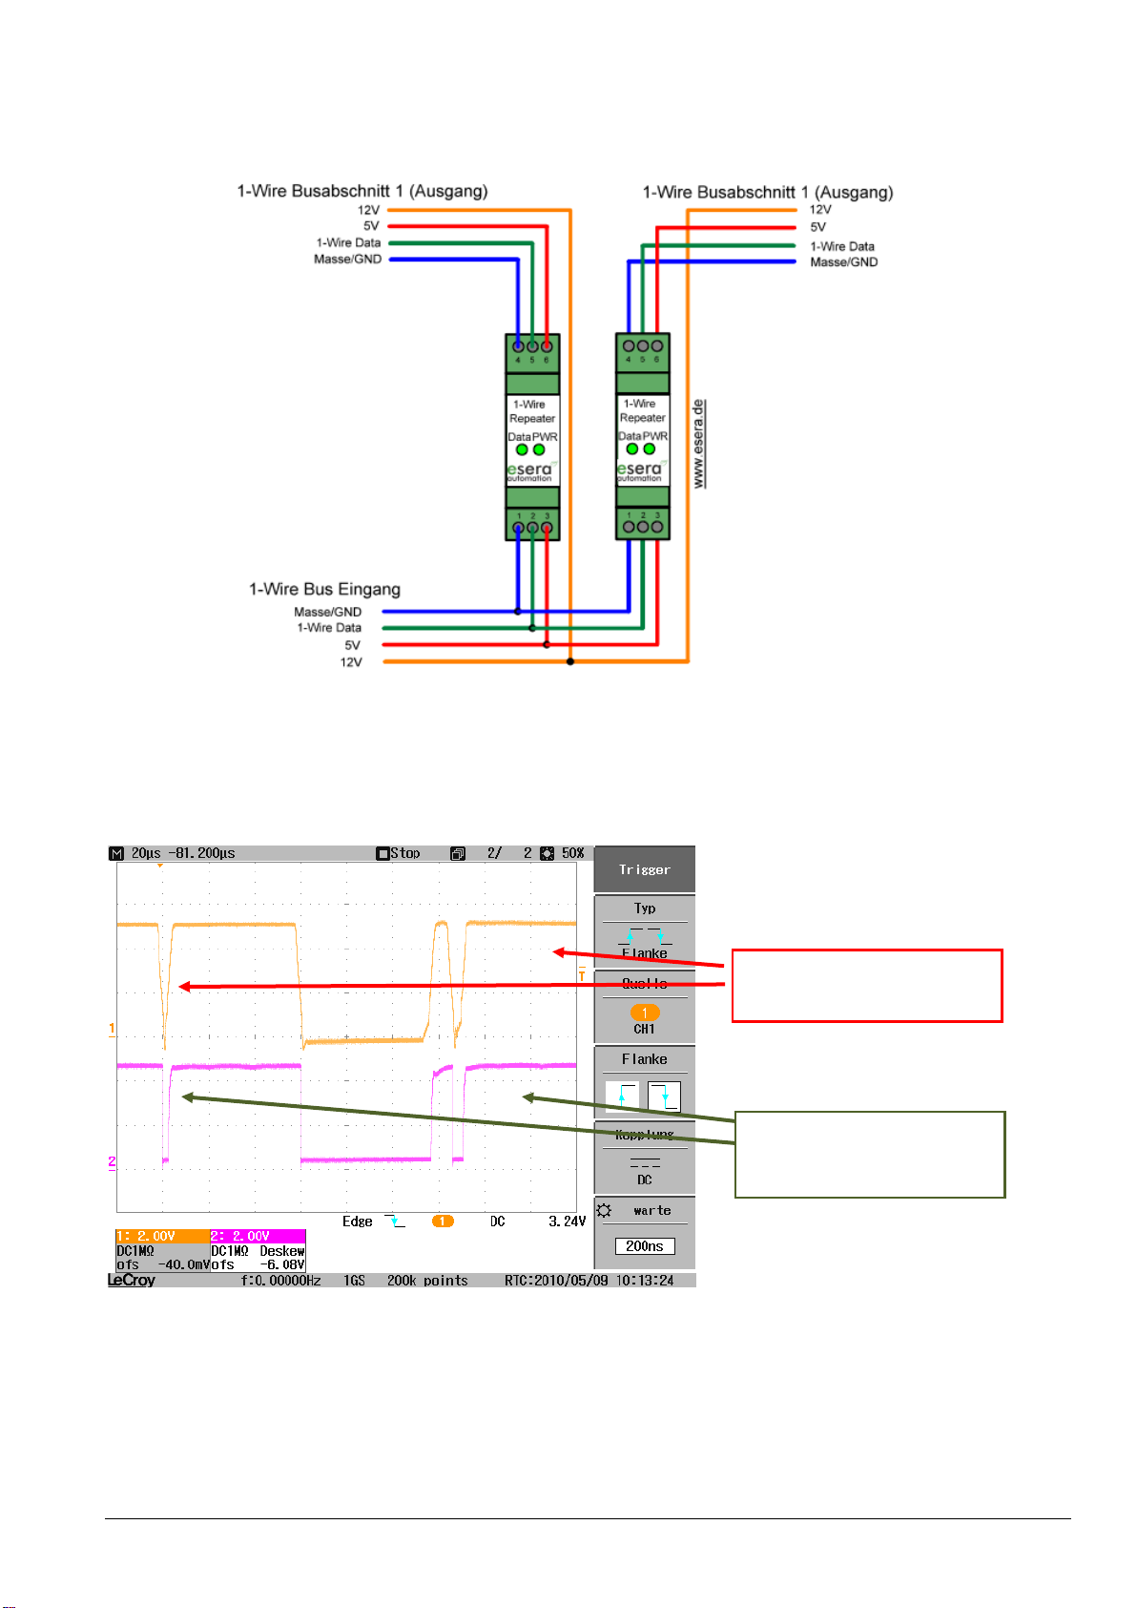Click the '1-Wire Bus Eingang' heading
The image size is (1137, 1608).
click(x=324, y=590)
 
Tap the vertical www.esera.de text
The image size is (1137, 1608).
click(x=699, y=444)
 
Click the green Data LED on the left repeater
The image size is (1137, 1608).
click(x=522, y=449)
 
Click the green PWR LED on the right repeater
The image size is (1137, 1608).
click(x=650, y=449)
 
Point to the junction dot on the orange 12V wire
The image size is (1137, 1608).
click(x=570, y=661)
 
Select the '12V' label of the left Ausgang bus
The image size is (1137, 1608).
click(x=368, y=210)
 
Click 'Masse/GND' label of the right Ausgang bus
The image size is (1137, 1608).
click(x=843, y=262)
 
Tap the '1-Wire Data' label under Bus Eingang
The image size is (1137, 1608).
click(x=329, y=628)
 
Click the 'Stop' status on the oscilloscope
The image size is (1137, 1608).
click(x=399, y=853)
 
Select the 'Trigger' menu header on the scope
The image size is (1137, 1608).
click(x=644, y=869)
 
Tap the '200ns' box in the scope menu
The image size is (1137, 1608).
click(x=645, y=1246)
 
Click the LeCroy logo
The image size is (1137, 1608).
click(x=132, y=1281)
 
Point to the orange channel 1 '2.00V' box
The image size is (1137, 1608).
click(x=161, y=1236)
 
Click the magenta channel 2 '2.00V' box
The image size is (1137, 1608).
click(x=257, y=1236)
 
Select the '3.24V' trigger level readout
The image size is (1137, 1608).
click(x=567, y=1222)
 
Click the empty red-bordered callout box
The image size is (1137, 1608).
click(x=866, y=986)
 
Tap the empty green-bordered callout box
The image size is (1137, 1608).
click(x=869, y=1154)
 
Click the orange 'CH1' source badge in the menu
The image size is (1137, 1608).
click(x=645, y=1013)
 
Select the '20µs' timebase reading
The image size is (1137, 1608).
click(x=146, y=853)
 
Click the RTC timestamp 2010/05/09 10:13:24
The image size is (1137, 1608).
click(x=589, y=1281)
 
